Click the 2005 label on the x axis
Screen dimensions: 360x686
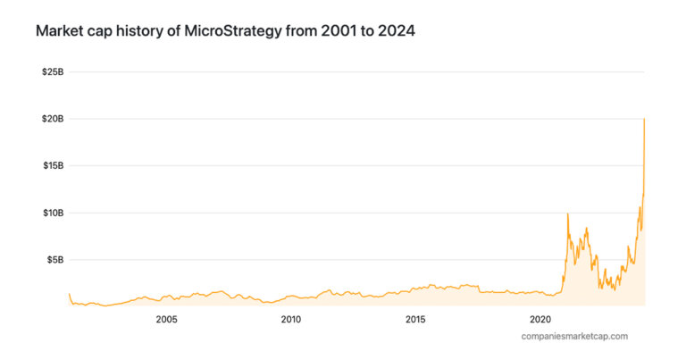(x=166, y=319)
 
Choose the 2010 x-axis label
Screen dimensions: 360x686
(x=290, y=319)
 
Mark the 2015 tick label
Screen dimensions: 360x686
(x=415, y=319)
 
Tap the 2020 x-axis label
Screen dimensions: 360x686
(x=540, y=319)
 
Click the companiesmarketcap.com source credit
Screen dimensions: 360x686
(x=574, y=336)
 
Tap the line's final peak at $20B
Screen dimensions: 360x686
(x=644, y=119)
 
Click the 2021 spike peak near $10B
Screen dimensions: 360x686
(x=568, y=213)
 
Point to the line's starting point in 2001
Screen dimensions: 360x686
(x=70, y=294)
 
